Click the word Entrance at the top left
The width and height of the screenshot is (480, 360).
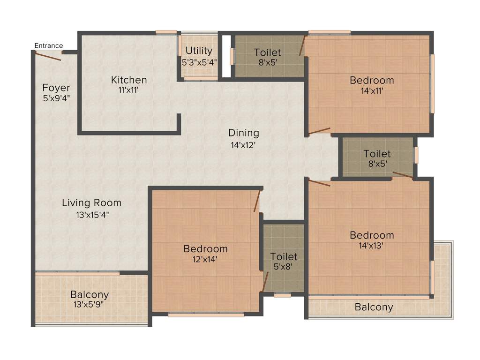[49, 45]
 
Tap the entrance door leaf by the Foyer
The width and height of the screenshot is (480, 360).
[48, 56]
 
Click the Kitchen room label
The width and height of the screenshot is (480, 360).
[129, 80]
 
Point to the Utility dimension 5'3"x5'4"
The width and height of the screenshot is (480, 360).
[199, 62]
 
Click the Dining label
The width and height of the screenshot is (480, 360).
[244, 133]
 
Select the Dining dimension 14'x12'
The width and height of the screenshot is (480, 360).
[244, 145]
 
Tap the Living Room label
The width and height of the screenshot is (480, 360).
[92, 203]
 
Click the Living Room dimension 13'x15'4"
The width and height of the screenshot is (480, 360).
[92, 215]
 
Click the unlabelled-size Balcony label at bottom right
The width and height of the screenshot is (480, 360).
[374, 307]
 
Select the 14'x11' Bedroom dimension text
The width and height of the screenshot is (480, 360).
[372, 92]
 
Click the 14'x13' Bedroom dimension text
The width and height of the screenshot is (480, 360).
[372, 247]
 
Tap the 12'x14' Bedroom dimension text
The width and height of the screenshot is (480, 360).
[205, 260]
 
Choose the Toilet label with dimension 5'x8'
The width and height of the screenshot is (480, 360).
[284, 256]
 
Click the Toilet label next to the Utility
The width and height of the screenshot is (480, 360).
[268, 52]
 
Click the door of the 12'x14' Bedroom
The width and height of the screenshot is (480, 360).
[257, 201]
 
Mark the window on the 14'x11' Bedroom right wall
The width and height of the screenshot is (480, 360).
[433, 83]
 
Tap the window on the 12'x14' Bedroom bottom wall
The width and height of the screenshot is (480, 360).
[206, 315]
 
